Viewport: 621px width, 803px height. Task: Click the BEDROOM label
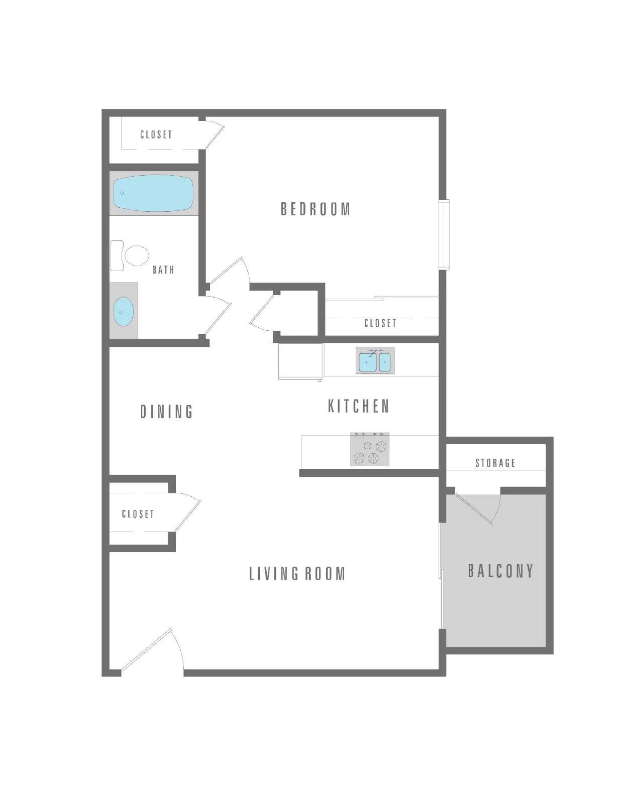click(315, 209)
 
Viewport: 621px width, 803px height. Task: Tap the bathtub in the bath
click(153, 193)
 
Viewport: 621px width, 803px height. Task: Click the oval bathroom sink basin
click(123, 312)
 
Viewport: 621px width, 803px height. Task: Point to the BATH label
click(163, 270)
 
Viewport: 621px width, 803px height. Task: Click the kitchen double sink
click(375, 361)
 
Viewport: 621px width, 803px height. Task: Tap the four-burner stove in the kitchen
click(370, 450)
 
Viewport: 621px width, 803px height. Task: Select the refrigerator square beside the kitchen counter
click(300, 361)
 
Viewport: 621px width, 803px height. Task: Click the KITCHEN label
click(359, 406)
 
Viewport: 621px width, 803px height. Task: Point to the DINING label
click(166, 412)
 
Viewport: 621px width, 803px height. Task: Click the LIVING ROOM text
click(297, 574)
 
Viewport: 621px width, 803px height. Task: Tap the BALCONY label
click(500, 571)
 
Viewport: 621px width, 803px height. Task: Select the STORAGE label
click(495, 463)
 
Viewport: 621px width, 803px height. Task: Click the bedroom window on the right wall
click(444, 234)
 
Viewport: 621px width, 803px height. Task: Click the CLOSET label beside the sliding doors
click(380, 323)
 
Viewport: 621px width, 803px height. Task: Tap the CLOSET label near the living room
click(138, 514)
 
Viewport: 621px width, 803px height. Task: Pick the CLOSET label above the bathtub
click(156, 135)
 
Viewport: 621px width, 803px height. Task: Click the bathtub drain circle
click(122, 193)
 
